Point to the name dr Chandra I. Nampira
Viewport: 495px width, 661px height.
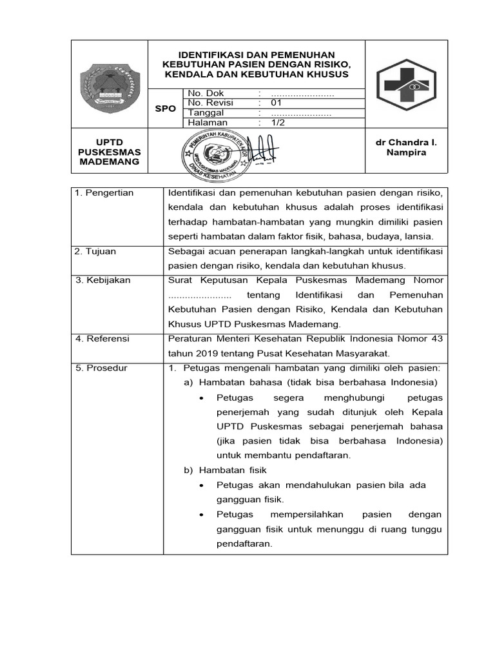pyautogui.click(x=406, y=147)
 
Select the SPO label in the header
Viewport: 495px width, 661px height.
pyautogui.click(x=166, y=108)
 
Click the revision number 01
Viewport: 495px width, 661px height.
pyautogui.click(x=277, y=103)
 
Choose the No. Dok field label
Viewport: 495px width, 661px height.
pyautogui.click(x=206, y=94)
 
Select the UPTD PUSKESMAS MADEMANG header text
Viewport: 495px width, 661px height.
pyautogui.click(x=109, y=152)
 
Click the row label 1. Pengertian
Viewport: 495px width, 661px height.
pyautogui.click(x=104, y=193)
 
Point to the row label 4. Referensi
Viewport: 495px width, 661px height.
pyautogui.click(x=102, y=338)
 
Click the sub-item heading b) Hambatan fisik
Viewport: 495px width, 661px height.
pyautogui.click(x=226, y=470)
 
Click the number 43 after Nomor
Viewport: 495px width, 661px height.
pyautogui.click(x=436, y=338)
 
